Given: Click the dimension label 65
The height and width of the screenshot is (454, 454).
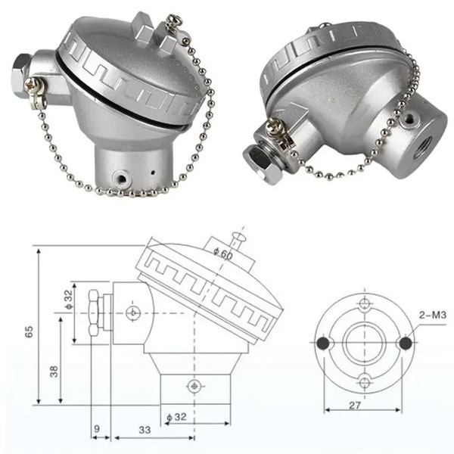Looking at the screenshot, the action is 29,331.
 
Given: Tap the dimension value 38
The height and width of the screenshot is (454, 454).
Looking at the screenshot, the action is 54,372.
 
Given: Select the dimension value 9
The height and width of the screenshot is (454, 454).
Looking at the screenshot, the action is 97,428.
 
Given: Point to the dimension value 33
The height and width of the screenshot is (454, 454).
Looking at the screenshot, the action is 145,430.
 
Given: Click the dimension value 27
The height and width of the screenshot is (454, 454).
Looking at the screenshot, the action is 355,406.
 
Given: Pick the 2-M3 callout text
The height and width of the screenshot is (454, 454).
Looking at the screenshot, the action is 433,315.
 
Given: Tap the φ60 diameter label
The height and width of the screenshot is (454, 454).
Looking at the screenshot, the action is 223,253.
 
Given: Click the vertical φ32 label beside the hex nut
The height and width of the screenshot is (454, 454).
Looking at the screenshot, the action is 69,300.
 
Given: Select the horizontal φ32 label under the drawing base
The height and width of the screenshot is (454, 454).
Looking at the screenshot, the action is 176,417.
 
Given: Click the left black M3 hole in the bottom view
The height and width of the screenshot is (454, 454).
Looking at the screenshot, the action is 323,343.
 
